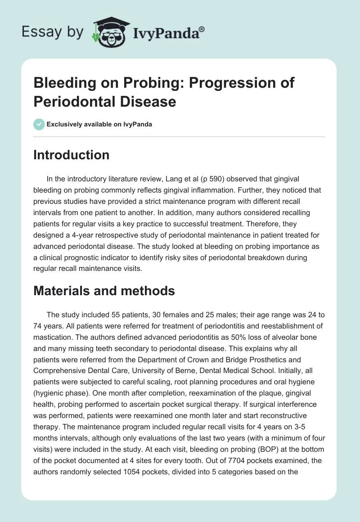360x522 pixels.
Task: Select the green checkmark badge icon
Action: (39, 124)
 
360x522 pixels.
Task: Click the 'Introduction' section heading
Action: (72, 155)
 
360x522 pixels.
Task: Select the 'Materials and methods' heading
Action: (104, 291)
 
